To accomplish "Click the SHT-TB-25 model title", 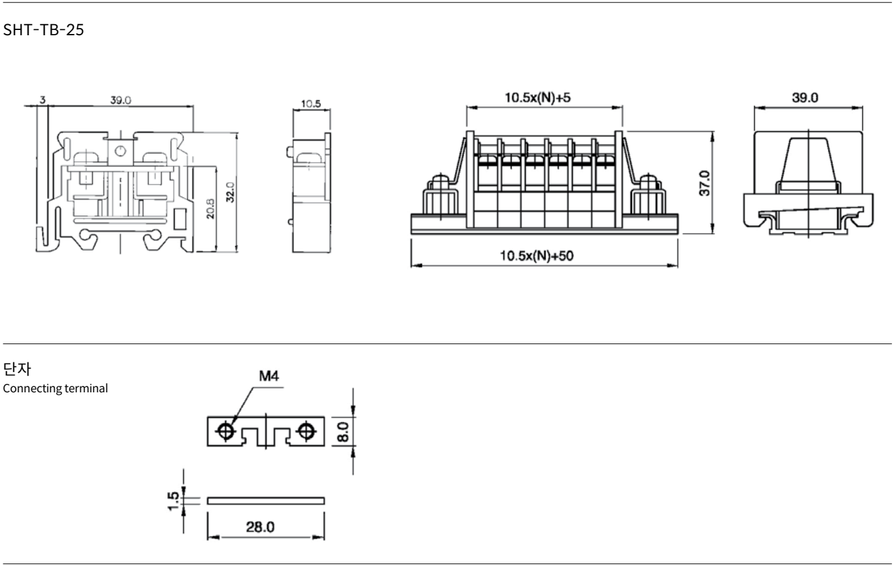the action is point(44,30).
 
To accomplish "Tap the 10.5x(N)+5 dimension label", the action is point(537,97).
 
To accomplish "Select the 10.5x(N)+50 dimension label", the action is point(537,255).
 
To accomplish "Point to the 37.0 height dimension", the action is point(705,183).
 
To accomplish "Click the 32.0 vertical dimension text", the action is point(231,192).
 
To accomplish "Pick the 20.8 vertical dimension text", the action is point(210,209).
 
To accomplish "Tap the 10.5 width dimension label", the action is point(311,104).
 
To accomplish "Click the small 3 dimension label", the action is point(42,100).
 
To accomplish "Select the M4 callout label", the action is point(269,376).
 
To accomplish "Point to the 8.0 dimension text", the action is point(343,432).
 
